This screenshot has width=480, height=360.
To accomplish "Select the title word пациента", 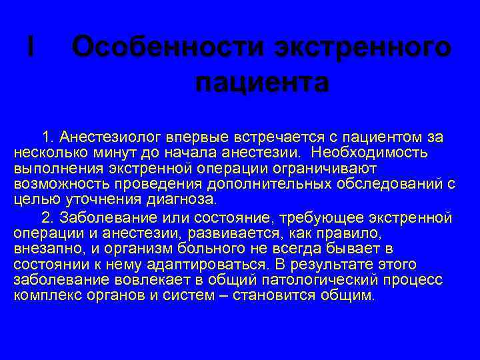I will [262, 83].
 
